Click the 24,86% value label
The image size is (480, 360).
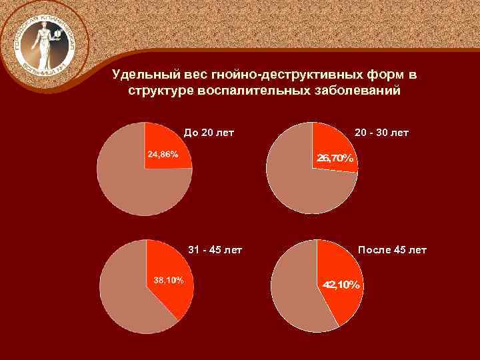(163, 155)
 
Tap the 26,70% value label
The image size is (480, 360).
(336, 159)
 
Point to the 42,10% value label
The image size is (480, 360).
(341, 285)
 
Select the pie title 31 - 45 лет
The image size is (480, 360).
(215, 251)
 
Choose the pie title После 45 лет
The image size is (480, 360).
(392, 251)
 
